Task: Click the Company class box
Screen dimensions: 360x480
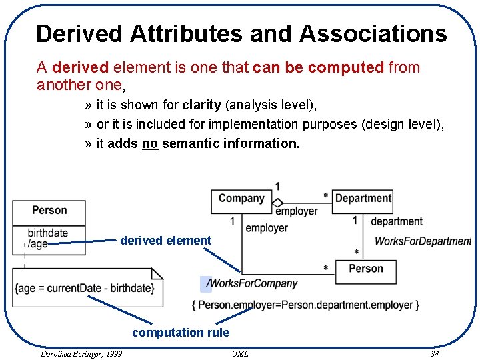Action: click(x=241, y=199)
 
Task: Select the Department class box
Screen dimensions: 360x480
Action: click(x=363, y=199)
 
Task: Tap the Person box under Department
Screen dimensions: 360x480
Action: click(x=366, y=269)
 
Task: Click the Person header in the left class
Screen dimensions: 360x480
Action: click(x=49, y=211)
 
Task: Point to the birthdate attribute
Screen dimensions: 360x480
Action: click(x=47, y=233)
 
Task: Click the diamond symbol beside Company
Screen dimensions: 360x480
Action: click(x=278, y=202)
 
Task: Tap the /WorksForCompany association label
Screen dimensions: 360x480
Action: click(x=252, y=283)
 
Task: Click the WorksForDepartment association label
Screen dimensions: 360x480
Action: click(x=423, y=241)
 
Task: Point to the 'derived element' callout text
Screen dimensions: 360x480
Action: click(x=165, y=241)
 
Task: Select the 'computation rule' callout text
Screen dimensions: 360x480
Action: click(x=181, y=333)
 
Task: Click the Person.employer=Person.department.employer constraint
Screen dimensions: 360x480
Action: click(x=305, y=305)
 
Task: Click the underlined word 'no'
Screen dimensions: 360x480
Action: click(x=150, y=143)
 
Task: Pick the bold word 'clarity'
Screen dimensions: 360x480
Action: click(x=201, y=105)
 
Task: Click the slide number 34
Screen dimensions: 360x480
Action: click(x=435, y=353)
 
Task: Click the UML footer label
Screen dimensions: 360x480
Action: click(x=240, y=353)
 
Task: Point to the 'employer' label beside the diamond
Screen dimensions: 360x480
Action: click(x=297, y=211)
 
